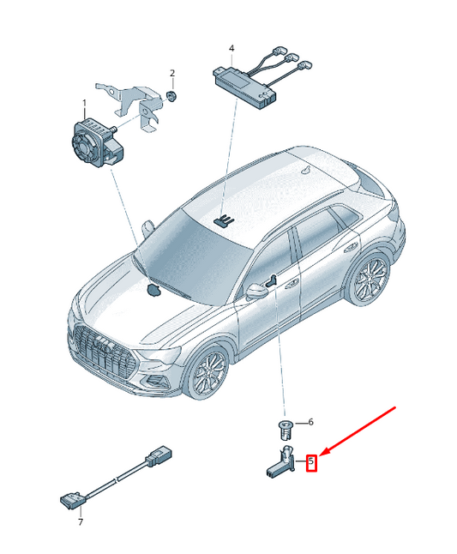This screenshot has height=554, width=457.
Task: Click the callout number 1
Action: coord(84,103)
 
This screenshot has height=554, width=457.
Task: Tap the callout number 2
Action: coord(172,73)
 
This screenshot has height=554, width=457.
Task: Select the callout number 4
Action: coord(232,48)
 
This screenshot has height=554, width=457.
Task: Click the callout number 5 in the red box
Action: coord(311,461)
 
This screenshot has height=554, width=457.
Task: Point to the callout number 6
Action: coord(310,422)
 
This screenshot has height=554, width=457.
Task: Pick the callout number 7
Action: coord(81,521)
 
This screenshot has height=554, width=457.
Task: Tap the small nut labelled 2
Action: coord(171,96)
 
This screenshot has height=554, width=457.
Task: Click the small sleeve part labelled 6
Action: coord(285,429)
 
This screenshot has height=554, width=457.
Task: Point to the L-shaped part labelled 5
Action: coord(280,464)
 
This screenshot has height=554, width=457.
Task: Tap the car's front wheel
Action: coord(207,373)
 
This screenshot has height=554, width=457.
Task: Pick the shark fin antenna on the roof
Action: coord(306,170)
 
